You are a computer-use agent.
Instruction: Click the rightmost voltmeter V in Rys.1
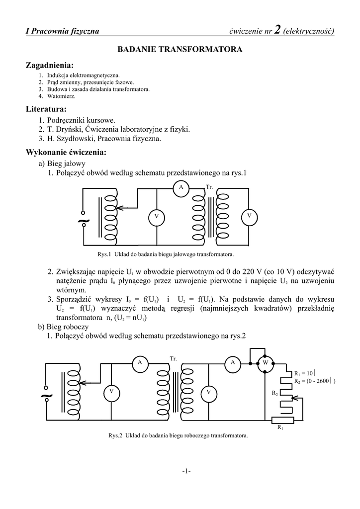(249, 216)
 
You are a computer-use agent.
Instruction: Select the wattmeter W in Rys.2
(265, 362)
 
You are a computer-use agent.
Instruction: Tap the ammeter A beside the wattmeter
(232, 363)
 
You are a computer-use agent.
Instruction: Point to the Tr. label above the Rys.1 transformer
(209, 186)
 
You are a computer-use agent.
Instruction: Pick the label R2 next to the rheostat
(274, 393)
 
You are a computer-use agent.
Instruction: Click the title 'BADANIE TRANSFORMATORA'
(180, 50)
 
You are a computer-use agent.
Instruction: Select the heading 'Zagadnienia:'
(49, 66)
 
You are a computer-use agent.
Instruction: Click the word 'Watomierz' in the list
(61, 96)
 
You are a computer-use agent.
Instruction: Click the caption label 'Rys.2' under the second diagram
(115, 435)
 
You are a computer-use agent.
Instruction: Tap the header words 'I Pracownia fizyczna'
(63, 32)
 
